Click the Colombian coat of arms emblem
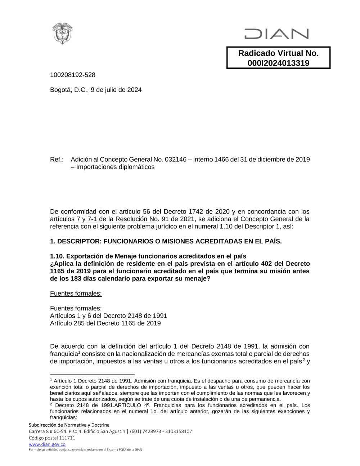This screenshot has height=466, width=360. click(x=63, y=33)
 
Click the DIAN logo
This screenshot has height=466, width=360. click(x=276, y=34)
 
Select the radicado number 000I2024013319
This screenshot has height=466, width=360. click(x=278, y=63)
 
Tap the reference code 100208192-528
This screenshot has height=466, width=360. click(x=73, y=75)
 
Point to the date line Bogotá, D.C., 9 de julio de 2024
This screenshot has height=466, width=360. click(x=96, y=90)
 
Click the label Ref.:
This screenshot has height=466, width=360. click(x=57, y=160)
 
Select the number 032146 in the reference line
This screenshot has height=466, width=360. click(x=176, y=160)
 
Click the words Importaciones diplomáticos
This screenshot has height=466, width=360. click(x=115, y=167)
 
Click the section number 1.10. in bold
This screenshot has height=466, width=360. click(x=57, y=256)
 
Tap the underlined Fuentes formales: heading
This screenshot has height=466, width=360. click(x=76, y=294)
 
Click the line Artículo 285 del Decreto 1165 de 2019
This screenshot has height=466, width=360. click(x=105, y=323)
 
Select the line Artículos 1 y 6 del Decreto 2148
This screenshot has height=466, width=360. click(x=108, y=316)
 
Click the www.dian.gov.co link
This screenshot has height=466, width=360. click(x=47, y=444)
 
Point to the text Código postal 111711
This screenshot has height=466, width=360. click(x=52, y=438)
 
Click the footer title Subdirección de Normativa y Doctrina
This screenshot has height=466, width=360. click(x=69, y=425)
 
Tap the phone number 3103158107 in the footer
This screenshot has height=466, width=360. click(x=179, y=431)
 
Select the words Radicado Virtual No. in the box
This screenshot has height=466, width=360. click(x=278, y=53)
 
